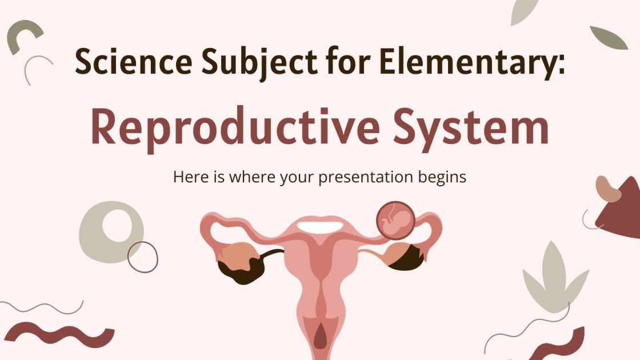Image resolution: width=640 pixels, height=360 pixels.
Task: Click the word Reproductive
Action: pos(234,129)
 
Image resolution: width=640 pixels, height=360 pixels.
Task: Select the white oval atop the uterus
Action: pos(320,226)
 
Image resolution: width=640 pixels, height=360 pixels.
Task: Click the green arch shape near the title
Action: pos(24,35)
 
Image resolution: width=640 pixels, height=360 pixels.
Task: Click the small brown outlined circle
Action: pos(142,256)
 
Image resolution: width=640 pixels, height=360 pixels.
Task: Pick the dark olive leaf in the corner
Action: pos(609,37)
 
